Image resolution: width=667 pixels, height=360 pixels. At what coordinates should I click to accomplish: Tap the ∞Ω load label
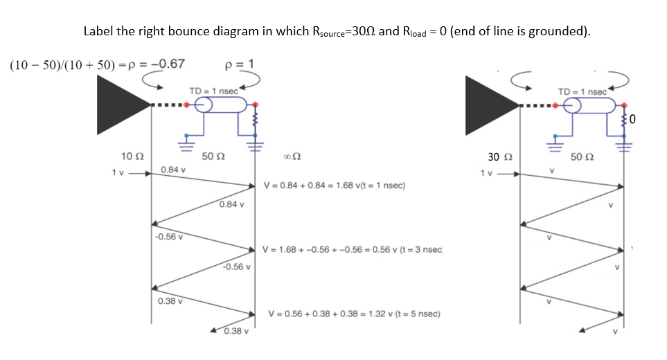click(292, 158)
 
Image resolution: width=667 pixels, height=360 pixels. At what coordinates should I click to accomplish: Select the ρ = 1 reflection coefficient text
click(239, 64)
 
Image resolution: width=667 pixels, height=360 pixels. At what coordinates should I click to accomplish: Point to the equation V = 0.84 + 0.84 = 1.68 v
click(335, 186)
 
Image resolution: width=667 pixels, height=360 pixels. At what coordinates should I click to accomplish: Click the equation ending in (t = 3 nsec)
click(353, 249)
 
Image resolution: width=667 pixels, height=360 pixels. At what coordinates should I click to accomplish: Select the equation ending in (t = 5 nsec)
click(355, 314)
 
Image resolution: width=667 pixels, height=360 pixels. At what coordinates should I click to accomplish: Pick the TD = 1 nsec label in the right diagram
click(585, 91)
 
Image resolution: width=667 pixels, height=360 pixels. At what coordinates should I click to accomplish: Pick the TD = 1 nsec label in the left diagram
click(214, 91)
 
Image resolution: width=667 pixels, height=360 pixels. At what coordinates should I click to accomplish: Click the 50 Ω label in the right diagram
click(581, 157)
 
